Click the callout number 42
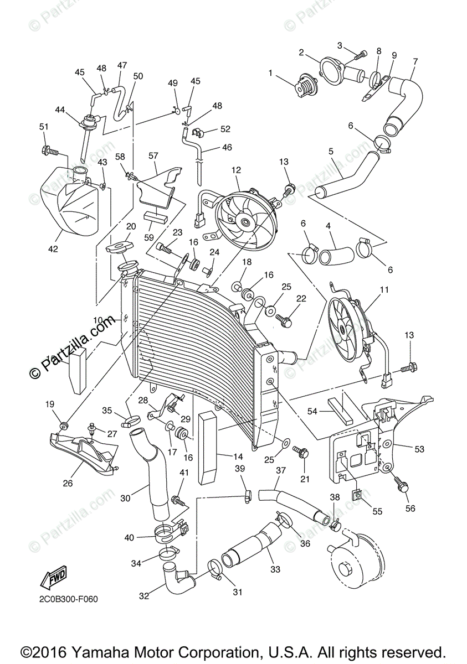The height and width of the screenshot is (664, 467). [53, 249]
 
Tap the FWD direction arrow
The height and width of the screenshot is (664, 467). [53, 579]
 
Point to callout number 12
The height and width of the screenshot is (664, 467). [237, 170]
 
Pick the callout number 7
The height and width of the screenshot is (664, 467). [415, 61]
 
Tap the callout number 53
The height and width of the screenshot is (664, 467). [419, 449]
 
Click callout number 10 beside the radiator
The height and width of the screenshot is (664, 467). [98, 320]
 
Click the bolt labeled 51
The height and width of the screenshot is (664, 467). [48, 149]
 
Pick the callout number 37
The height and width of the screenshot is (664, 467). [281, 470]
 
